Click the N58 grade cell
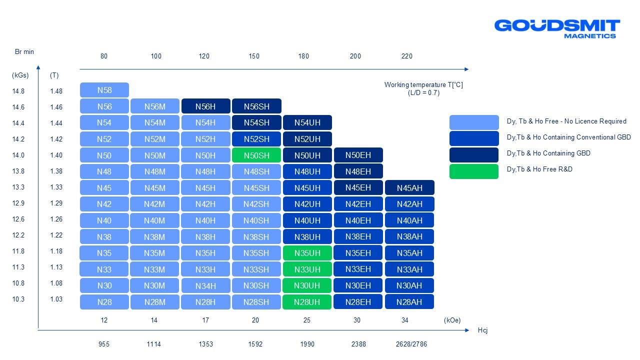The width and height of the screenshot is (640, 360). [104, 90]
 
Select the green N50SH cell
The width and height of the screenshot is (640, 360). [256, 155]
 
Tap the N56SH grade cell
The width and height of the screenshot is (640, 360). [256, 106]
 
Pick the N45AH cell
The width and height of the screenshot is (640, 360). [409, 188]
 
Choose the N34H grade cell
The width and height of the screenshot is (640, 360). [205, 286]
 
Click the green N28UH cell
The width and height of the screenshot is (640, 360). [307, 302]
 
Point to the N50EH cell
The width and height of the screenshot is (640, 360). [358, 155]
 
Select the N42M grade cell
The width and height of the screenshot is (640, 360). [154, 204]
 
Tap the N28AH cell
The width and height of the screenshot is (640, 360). [409, 302]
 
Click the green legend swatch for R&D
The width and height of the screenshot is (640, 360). [473, 171]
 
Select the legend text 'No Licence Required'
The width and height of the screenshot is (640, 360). [598, 121]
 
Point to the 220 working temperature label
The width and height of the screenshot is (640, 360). [407, 56]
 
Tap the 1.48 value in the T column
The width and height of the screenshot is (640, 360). [56, 91]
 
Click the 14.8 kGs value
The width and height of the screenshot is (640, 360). [19, 91]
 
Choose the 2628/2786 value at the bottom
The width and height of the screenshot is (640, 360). [411, 344]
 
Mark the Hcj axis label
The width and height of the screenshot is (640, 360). [482, 330]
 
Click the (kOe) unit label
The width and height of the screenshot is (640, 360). [452, 320]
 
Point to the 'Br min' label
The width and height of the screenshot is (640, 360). [24, 51]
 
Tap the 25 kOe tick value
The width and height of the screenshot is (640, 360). [306, 320]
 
